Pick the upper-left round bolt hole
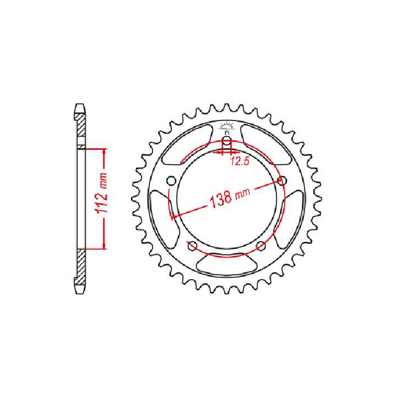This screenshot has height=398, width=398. pos(171,181)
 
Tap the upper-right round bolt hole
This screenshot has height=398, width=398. pos(283,181)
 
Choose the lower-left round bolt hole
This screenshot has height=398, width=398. pos(192,246)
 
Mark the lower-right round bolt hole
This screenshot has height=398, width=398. pos(261,246)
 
